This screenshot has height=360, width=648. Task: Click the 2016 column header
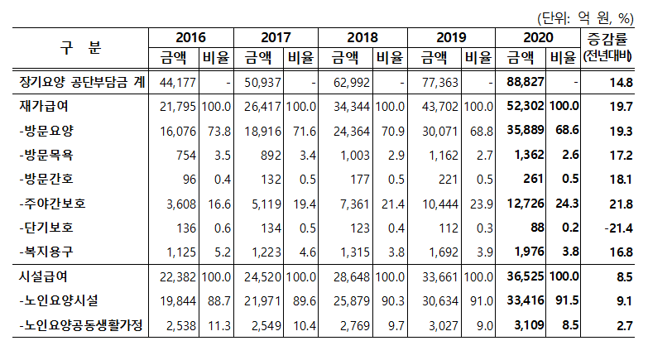(x=191, y=38)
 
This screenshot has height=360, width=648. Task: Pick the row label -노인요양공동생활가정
(x=80, y=327)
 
